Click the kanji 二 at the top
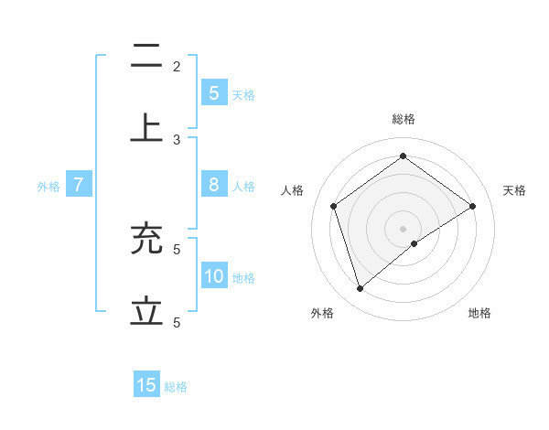click(x=146, y=57)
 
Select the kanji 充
click(x=146, y=240)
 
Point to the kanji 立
click(x=146, y=311)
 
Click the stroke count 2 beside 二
click(x=177, y=66)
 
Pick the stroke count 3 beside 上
click(x=177, y=139)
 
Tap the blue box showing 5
click(x=213, y=92)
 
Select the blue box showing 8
click(x=213, y=185)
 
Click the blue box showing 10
click(x=213, y=276)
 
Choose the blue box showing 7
click(x=79, y=185)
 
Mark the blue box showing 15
click(x=146, y=385)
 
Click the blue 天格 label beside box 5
click(x=243, y=94)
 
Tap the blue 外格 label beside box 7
click(x=48, y=187)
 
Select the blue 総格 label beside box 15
click(x=176, y=387)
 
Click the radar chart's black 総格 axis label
click(x=404, y=119)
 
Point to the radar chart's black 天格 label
click(x=514, y=190)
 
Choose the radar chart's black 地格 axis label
click(x=479, y=313)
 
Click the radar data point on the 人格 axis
click(x=334, y=206)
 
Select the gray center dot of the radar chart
click(x=404, y=228)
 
